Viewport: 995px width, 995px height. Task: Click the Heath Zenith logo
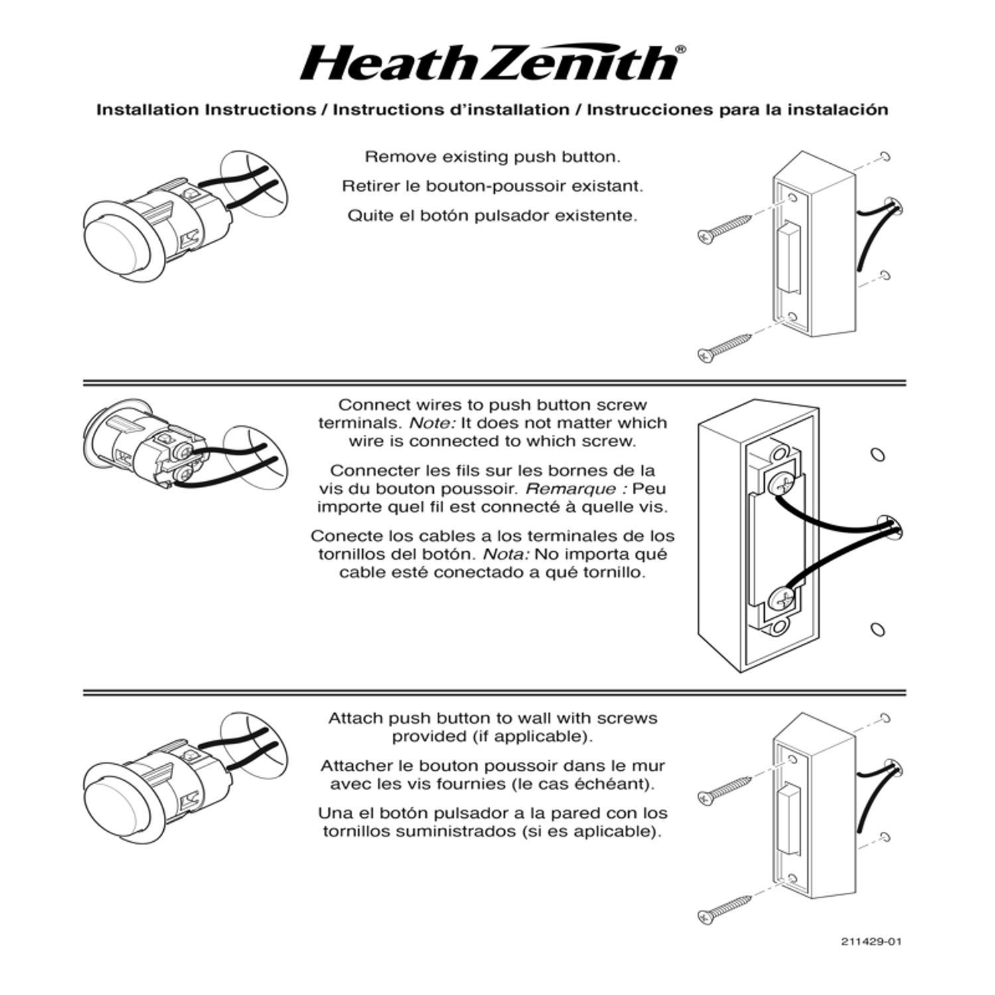[x=490, y=63]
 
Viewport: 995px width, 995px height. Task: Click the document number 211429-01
[x=872, y=941]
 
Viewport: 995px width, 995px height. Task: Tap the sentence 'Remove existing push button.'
[x=492, y=157]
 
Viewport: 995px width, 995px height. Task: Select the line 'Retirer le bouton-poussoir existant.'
[x=492, y=186]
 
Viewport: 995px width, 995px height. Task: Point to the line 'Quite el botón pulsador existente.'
[x=492, y=216]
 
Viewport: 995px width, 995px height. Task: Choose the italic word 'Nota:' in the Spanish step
[x=505, y=555]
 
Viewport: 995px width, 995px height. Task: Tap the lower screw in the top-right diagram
[x=725, y=346]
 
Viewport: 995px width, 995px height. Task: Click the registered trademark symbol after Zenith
[x=681, y=50]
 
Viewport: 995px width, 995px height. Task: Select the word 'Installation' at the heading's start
[x=149, y=110]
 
